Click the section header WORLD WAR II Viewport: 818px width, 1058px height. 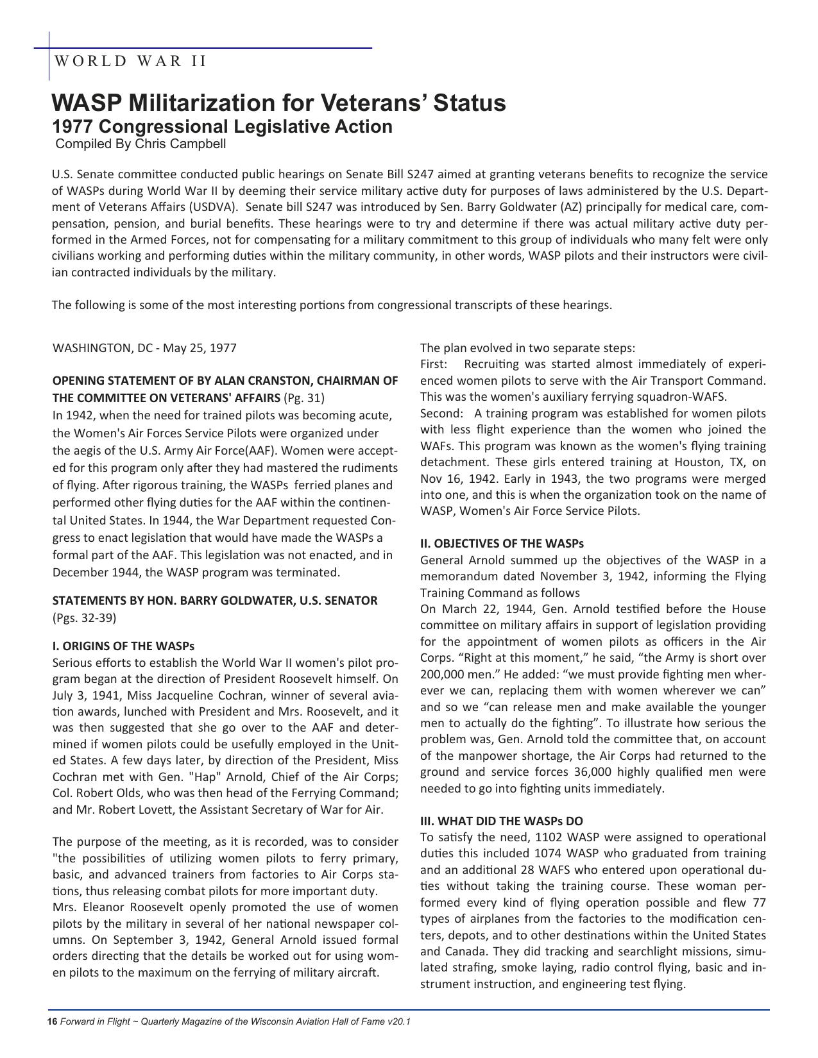(131, 61)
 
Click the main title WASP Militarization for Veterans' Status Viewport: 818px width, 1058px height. (278, 103)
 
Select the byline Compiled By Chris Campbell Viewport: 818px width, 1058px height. (141, 144)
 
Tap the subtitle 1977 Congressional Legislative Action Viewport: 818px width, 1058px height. (222, 126)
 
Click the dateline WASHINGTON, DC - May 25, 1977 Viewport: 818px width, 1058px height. (144, 348)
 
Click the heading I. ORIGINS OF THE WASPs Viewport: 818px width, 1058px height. (123, 646)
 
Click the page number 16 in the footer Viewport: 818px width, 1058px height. (52, 1021)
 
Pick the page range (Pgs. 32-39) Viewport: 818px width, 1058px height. (84, 618)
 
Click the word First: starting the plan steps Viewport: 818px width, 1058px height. (434, 364)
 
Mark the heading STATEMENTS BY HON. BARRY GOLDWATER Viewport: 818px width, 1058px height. (215, 601)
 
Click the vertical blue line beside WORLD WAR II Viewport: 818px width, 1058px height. (49, 56)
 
